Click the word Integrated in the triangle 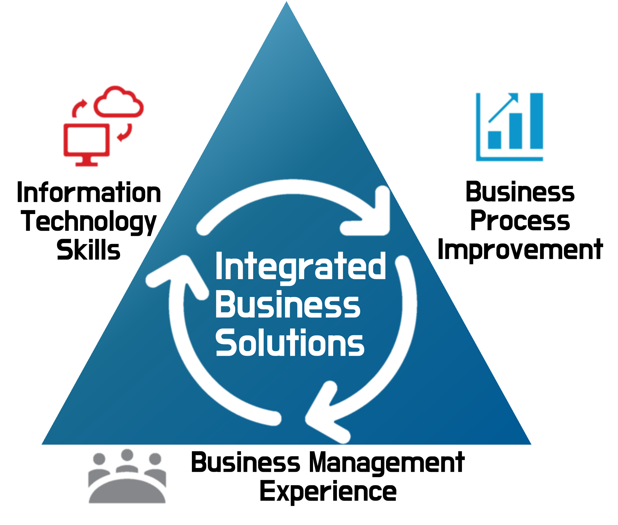click(x=300, y=266)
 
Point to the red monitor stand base click(x=87, y=165)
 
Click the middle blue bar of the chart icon click(x=515, y=131)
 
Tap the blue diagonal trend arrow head click(x=514, y=97)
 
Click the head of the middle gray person click(x=127, y=455)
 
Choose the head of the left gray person click(x=99, y=459)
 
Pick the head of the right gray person click(x=155, y=459)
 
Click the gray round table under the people click(x=127, y=491)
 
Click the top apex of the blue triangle click(x=286, y=3)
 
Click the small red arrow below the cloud click(x=125, y=132)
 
